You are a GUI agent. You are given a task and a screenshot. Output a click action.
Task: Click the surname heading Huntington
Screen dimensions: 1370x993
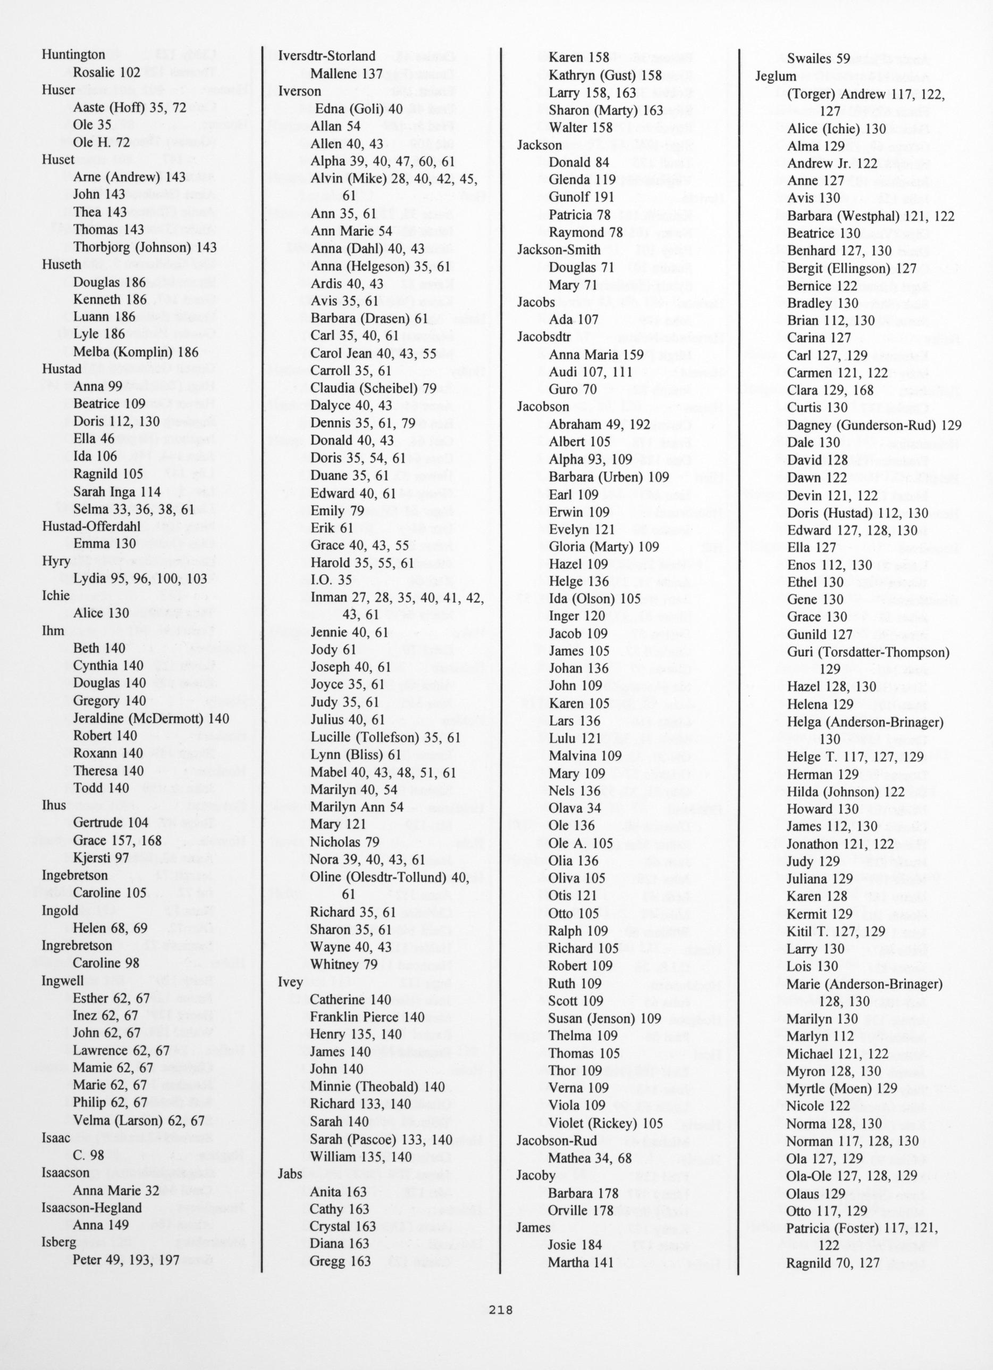pyautogui.click(x=73, y=55)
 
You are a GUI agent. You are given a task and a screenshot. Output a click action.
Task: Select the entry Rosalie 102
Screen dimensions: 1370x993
pyautogui.click(x=106, y=72)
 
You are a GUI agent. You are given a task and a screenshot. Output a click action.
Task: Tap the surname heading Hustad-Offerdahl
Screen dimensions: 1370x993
pyautogui.click(x=90, y=526)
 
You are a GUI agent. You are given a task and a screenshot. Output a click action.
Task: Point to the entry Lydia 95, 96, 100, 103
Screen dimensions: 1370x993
pyautogui.click(x=140, y=579)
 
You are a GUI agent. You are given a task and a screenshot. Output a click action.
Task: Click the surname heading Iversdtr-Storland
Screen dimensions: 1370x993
pyautogui.click(x=326, y=56)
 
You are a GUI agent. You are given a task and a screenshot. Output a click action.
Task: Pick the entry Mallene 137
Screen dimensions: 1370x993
pyautogui.click(x=346, y=74)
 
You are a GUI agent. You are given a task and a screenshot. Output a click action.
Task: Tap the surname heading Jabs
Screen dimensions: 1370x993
pyautogui.click(x=289, y=1175)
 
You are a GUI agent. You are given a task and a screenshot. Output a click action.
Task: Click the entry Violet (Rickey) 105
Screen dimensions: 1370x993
pyautogui.click(x=605, y=1123)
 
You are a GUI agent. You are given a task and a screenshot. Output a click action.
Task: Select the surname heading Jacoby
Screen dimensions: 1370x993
pyautogui.click(x=536, y=1175)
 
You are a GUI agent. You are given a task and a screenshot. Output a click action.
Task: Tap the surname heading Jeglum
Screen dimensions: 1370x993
pyautogui.click(x=776, y=77)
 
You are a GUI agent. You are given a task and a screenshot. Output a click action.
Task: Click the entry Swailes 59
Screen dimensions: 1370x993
pyautogui.click(x=818, y=59)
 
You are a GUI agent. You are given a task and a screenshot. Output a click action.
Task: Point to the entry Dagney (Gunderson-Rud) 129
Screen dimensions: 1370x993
pyautogui.click(x=874, y=425)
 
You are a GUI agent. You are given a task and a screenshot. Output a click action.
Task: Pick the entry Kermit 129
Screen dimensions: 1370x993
pyautogui.click(x=820, y=914)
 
